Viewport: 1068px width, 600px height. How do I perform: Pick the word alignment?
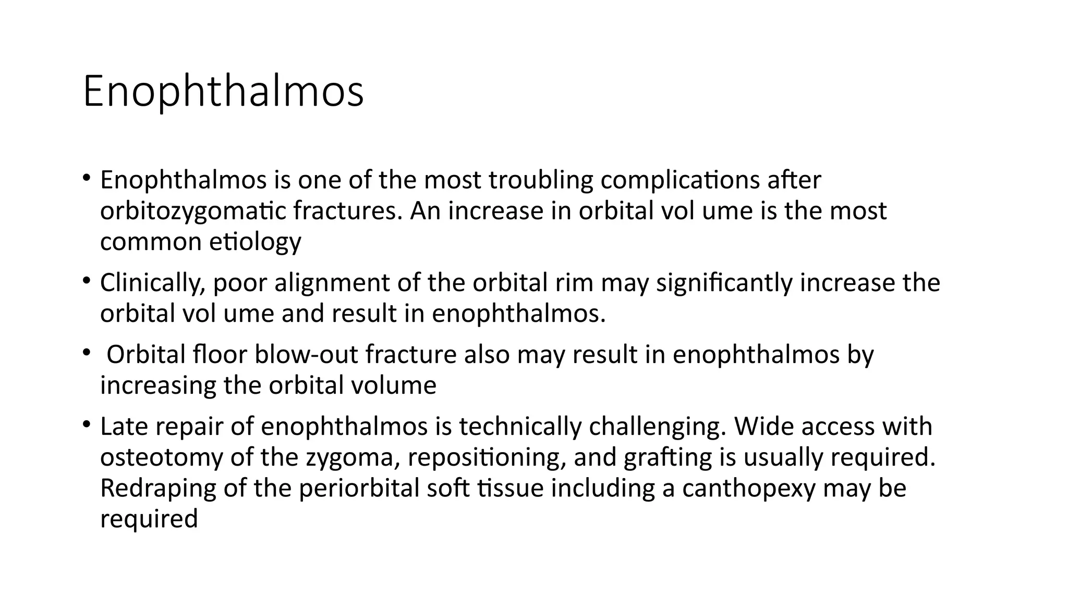[331, 283]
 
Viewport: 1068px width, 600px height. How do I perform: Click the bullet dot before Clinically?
[86, 281]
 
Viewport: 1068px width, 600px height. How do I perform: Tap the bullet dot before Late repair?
[86, 424]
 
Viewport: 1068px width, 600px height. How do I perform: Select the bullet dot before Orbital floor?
[86, 353]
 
